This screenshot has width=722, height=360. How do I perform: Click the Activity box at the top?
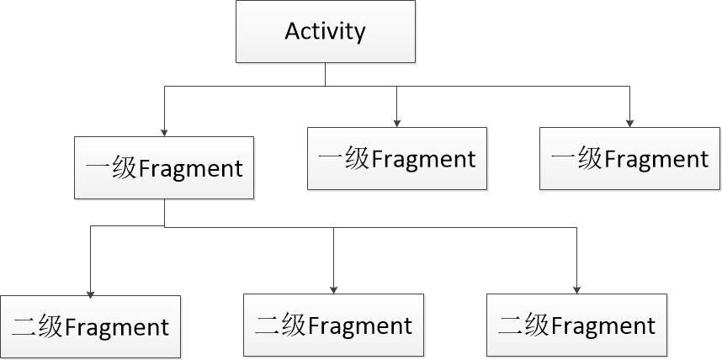coord(325,32)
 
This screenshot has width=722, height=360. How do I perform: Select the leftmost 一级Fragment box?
coord(163,167)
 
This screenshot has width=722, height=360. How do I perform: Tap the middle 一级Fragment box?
coord(396,158)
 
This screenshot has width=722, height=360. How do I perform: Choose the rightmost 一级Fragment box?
coord(629,158)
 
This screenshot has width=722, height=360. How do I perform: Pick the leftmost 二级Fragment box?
coord(90,326)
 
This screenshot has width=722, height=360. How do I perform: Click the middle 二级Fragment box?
coord(333,325)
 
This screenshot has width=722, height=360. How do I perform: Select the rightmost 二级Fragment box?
coord(576,325)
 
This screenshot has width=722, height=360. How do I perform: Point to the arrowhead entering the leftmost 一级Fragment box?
coord(164,131)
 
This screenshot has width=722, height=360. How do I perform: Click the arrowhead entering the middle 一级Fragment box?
coord(396,123)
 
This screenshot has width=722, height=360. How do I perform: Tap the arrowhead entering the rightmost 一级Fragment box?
coord(629,123)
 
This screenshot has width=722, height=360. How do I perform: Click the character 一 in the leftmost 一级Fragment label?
coord(96,168)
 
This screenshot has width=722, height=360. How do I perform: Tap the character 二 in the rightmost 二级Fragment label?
coord(509,326)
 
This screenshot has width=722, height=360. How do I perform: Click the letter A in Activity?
coord(292,32)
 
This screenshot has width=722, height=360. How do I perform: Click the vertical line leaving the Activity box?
coord(325,74)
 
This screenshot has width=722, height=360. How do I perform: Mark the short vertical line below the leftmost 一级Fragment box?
coord(164,213)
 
